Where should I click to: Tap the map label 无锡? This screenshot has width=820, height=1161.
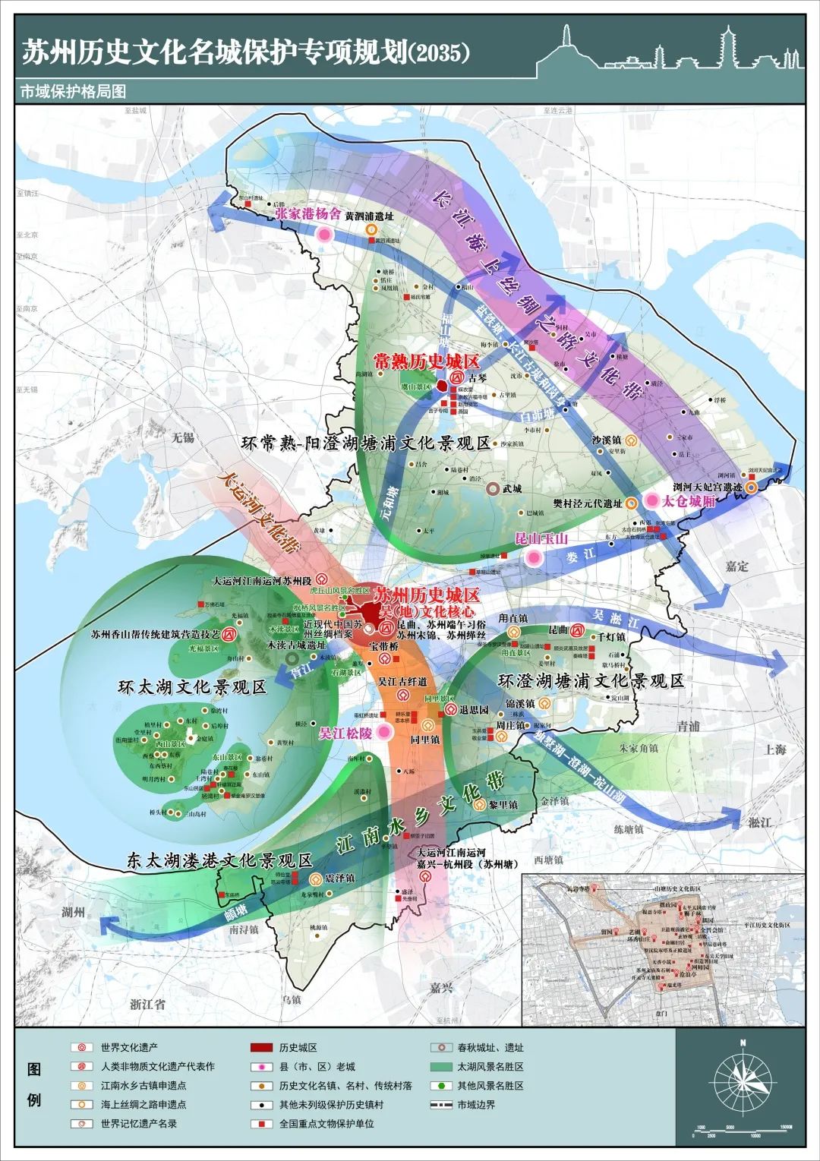coord(183,438)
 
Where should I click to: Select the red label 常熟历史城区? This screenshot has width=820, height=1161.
coord(426,361)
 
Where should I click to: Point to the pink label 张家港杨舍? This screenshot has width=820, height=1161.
coord(307,214)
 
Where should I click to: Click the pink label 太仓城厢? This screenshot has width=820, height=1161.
coord(689,501)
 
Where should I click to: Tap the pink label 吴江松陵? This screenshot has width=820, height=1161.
coord(345,733)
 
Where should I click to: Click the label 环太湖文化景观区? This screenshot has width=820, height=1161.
coord(192,687)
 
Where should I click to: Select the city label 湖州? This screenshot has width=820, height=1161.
coord(73,911)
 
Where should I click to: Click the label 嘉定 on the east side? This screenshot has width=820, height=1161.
coord(736,566)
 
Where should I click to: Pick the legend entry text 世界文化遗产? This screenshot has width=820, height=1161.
coord(129,1048)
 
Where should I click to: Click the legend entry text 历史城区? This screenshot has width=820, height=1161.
coord(298,1048)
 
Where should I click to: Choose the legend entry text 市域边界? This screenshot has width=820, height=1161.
coord(476,1105)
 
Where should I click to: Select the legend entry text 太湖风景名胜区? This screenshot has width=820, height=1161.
coord(490,1067)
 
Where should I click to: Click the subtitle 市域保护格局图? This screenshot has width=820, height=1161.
coord(73,91)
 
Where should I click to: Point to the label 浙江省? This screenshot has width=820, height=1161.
coord(147,1004)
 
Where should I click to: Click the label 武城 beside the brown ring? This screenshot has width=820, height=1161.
coord(512,488)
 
